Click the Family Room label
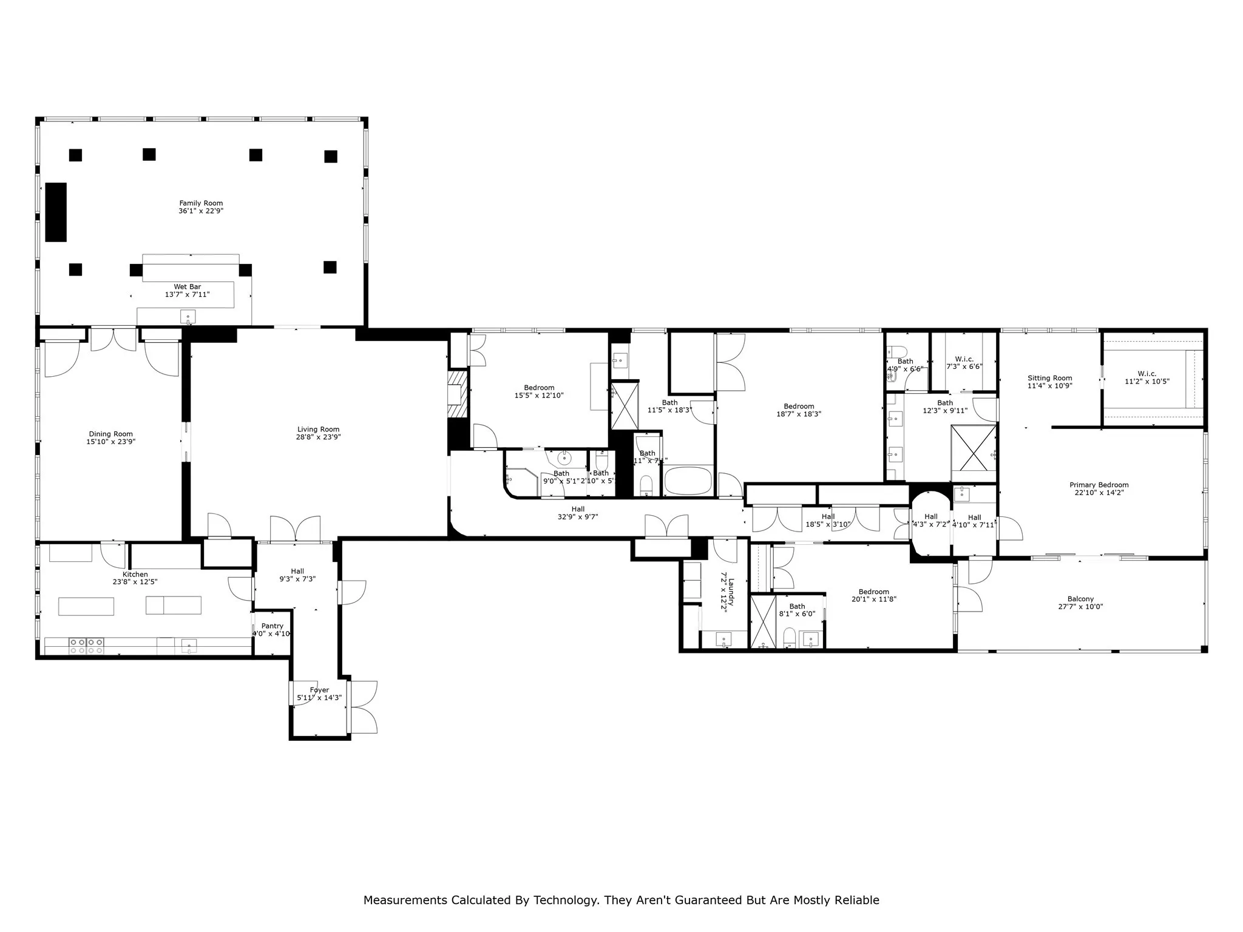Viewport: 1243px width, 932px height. pos(201,203)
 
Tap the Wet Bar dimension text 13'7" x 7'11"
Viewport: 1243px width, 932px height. pos(187,295)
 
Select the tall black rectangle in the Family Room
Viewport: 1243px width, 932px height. pos(56,212)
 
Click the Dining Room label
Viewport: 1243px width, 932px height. pos(110,434)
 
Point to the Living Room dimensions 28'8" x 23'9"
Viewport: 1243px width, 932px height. pos(318,437)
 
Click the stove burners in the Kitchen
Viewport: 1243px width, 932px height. pos(86,646)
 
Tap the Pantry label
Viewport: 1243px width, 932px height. pos(273,626)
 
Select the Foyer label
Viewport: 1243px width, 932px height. pos(319,690)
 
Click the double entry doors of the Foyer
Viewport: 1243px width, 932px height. pos(364,707)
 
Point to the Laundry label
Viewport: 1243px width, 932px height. pos(731,592)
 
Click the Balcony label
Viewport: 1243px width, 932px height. pos(1080,599)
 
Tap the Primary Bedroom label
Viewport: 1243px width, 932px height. pos(1099,485)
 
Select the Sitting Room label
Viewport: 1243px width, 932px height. pos(1049,378)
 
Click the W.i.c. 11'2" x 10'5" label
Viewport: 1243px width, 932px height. pos(1146,374)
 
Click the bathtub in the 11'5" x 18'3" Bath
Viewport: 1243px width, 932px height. pos(688,481)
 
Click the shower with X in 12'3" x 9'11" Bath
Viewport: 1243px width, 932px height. pos(973,448)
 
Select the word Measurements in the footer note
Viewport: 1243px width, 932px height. pos(405,900)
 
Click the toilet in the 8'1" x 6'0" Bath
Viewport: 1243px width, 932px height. pos(789,637)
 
